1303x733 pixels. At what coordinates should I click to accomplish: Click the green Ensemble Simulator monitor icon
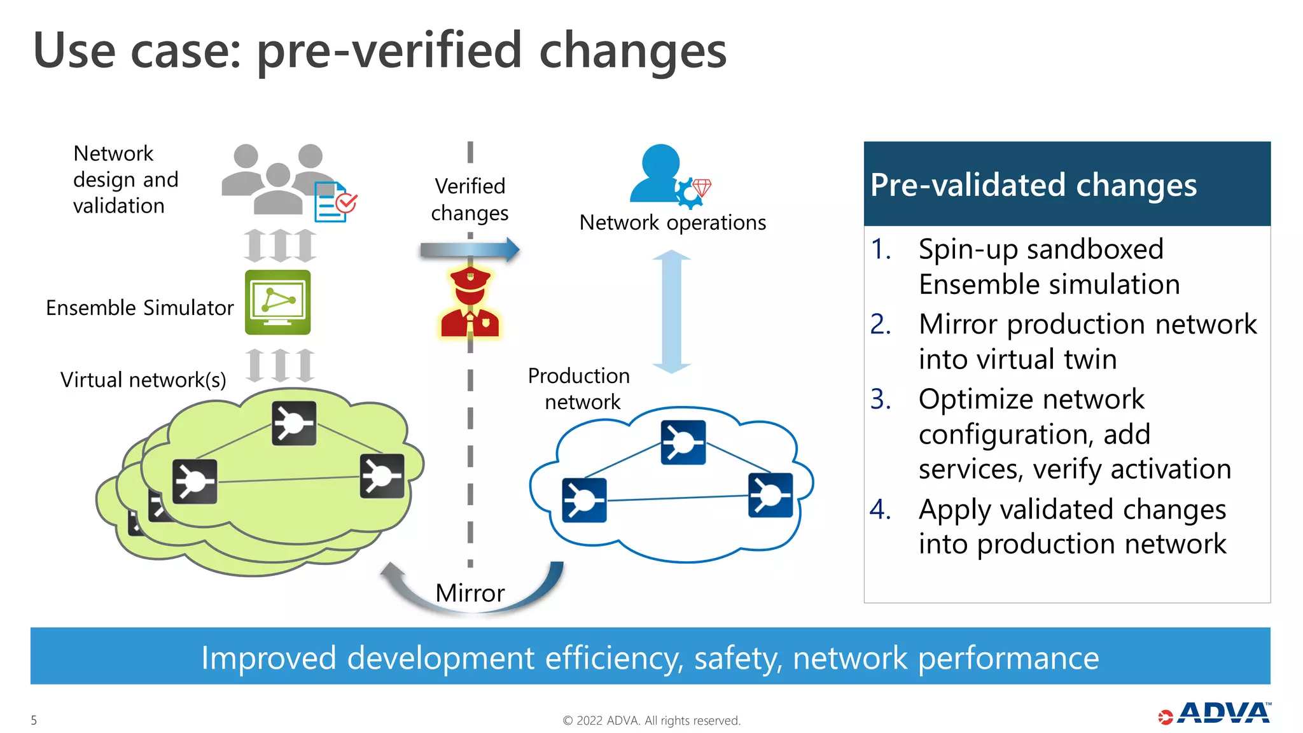coord(278,302)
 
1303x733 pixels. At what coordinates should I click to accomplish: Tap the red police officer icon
coord(470,303)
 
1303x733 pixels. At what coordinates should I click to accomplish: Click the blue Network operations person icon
coord(660,174)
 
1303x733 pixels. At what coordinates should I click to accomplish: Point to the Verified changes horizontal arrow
coord(470,250)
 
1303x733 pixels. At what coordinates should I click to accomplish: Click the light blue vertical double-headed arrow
coord(672,312)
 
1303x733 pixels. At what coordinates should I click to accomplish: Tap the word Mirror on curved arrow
coord(470,593)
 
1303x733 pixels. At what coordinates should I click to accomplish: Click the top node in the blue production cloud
coord(683,442)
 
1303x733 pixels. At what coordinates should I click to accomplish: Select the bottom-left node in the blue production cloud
coord(584,500)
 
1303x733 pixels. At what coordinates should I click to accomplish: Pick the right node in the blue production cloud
coord(770,495)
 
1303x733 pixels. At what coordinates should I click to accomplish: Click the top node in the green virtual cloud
coord(294,423)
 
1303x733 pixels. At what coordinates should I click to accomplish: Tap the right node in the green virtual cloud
coord(382,475)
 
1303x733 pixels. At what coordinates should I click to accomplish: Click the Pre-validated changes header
coord(1066,185)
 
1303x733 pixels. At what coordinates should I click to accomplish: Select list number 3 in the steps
coord(881,400)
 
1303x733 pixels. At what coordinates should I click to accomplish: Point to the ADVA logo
coord(1215,714)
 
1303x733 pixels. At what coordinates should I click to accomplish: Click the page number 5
coord(34,720)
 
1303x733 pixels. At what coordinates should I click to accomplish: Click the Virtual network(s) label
coord(143,380)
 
